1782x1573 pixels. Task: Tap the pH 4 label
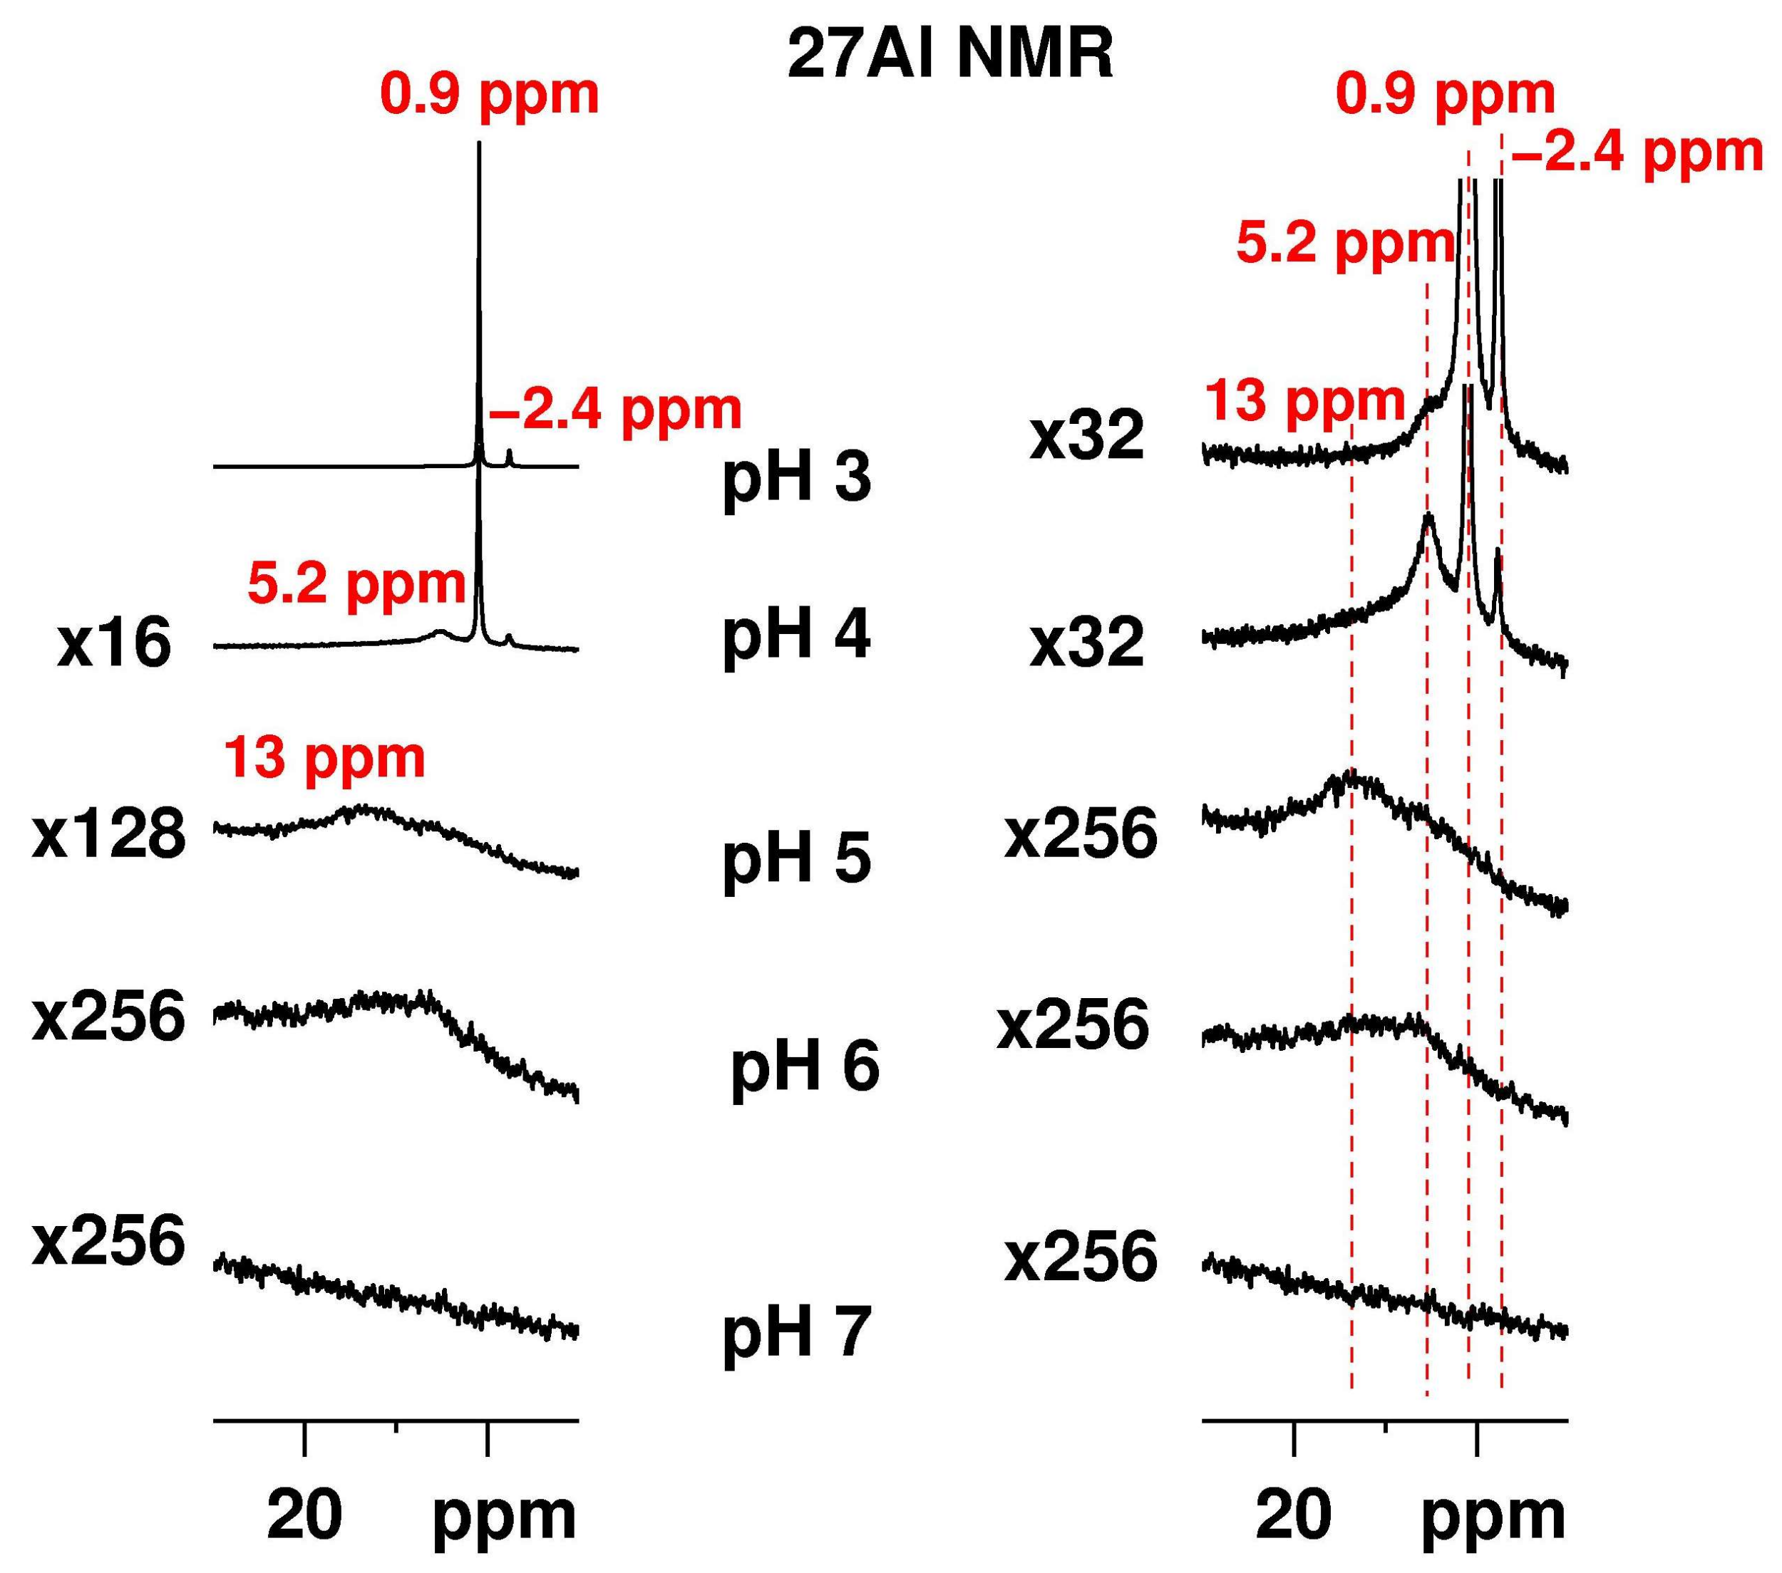tap(796, 635)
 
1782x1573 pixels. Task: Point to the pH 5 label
tap(796, 859)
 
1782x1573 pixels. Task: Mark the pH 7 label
tap(796, 1334)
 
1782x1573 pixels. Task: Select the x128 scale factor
tap(109, 835)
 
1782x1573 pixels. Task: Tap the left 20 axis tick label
tap(304, 1515)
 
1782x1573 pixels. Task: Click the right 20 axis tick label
tap(1294, 1515)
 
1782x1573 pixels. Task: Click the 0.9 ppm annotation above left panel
tap(490, 94)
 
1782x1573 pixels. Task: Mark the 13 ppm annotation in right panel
tap(1304, 402)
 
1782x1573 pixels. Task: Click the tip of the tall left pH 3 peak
tap(478, 144)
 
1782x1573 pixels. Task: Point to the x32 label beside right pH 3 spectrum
tap(1086, 437)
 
